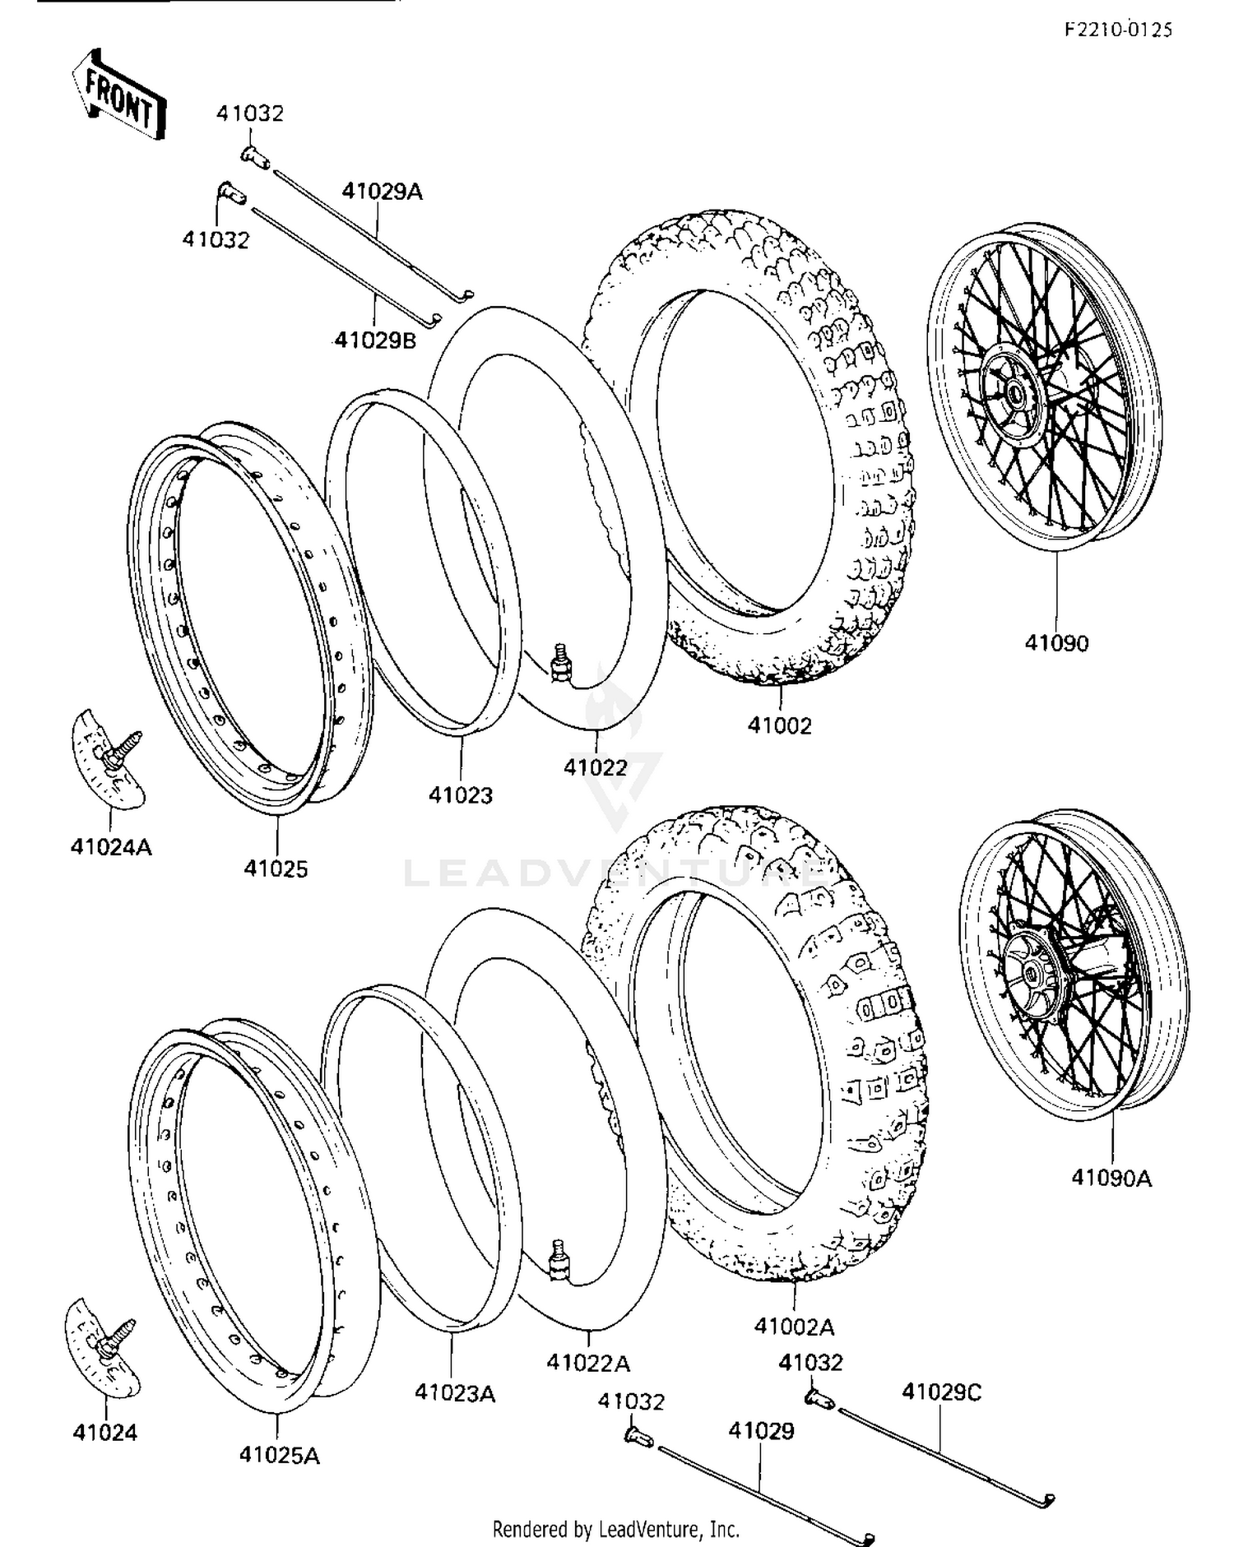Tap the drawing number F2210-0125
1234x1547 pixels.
coord(1118,30)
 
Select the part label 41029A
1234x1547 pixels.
coord(382,192)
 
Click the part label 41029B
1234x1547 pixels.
coord(375,340)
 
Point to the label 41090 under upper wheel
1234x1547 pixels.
coord(1056,643)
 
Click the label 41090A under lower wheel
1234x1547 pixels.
coord(1111,1179)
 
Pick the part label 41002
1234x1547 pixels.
coord(779,725)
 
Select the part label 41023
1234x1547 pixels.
coord(461,795)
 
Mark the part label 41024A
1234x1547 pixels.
coord(111,846)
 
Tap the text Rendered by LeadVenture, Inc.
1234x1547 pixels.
coord(616,1529)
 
